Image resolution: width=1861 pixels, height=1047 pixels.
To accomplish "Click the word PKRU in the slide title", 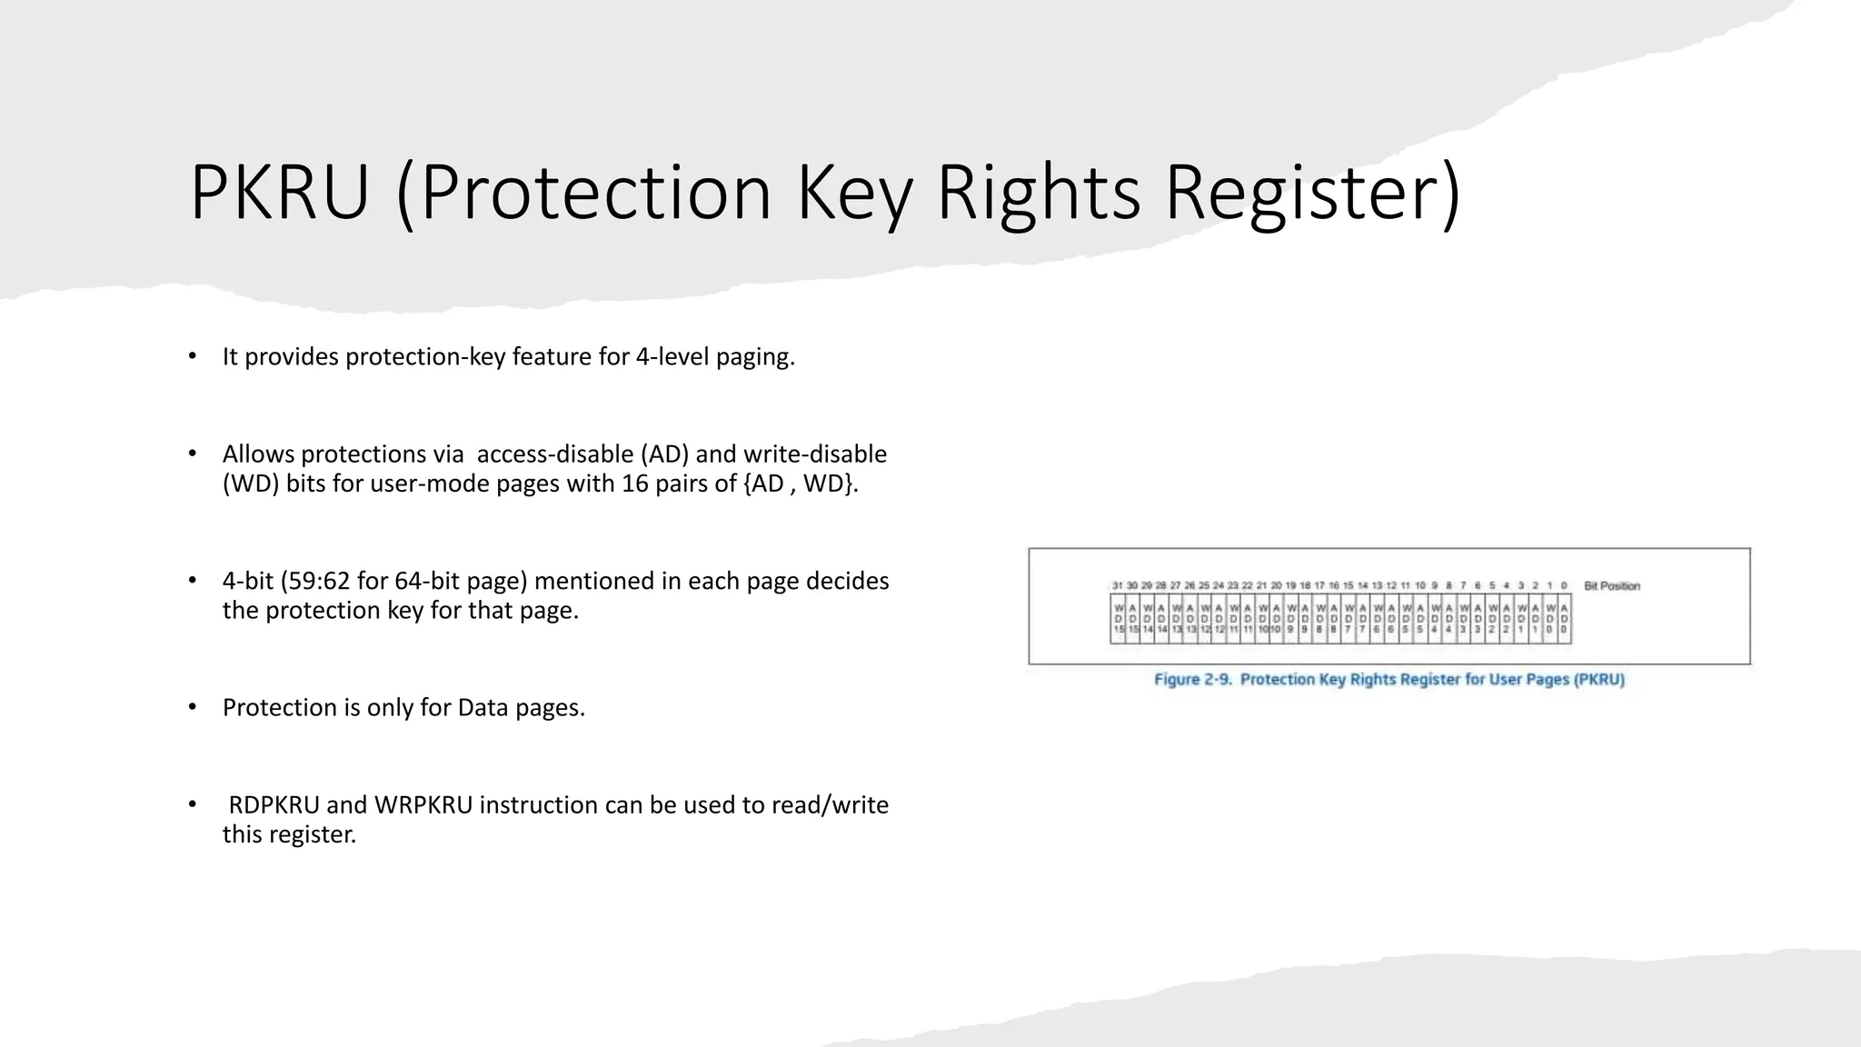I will coord(279,192).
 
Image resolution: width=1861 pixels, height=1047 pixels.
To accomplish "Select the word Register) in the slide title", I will coord(1313,192).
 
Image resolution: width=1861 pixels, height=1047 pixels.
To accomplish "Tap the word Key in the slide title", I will coord(854,192).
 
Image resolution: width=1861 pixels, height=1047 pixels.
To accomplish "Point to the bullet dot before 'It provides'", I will coord(192,356).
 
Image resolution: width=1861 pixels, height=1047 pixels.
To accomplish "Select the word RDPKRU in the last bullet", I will coord(274,804).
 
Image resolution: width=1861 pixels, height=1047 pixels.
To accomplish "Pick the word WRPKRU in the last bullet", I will coord(423,804).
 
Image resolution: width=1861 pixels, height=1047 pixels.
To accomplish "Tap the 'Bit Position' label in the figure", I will coord(1611,586).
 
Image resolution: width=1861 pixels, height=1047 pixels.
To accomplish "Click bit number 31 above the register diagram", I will coord(1118,586).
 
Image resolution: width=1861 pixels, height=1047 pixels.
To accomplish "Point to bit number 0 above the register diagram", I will coord(1564,586).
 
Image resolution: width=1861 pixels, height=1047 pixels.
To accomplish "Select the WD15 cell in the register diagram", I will coord(1119,618).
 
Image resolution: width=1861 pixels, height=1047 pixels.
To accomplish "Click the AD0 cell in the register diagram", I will coord(1564,618).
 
